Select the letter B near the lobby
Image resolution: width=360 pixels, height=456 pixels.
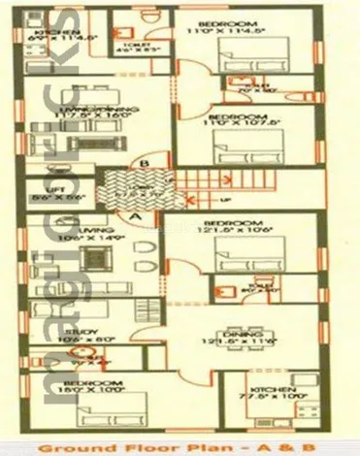143,165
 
